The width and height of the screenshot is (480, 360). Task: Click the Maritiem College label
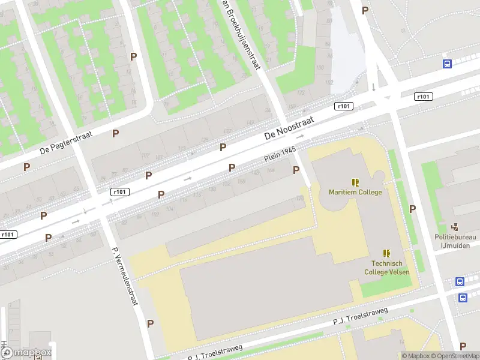pos(355,192)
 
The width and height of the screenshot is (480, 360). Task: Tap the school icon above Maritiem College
pos(355,182)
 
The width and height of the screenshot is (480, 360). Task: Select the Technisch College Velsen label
pos(387,268)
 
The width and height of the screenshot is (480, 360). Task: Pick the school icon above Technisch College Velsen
pos(386,253)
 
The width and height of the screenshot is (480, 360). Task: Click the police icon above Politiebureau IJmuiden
pos(455,227)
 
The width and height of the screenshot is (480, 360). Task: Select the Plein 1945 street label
pos(279,157)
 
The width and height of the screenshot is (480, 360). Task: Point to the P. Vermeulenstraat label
pos(125,276)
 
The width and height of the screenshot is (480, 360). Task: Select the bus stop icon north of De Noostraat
pos(447,64)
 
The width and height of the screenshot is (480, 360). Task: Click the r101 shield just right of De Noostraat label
pos(344,106)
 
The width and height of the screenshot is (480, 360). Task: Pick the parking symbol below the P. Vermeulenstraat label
pos(150,323)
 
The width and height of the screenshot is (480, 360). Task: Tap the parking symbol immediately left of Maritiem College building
pos(296,170)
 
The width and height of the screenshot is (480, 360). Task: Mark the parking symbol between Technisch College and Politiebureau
pos(412,209)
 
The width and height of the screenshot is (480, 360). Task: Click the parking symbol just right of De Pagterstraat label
pos(115,133)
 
